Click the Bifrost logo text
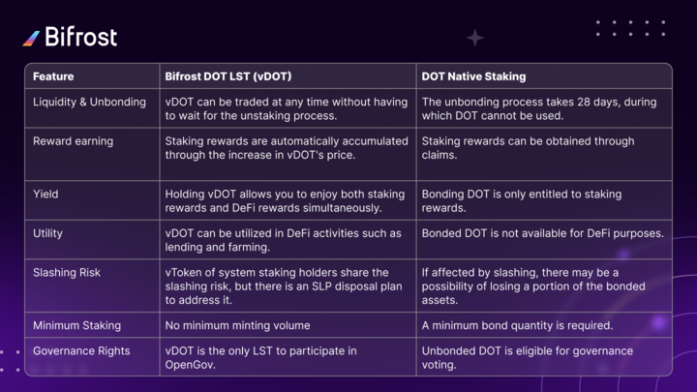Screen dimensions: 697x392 point(81,37)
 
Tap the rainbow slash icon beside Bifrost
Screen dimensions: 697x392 point(31,38)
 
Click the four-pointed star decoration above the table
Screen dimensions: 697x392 point(474,38)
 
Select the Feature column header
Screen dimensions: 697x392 point(53,76)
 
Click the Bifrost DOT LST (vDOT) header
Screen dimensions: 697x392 point(228,76)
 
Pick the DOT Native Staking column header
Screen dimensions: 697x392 point(473,76)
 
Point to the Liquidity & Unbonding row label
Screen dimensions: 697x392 point(89,103)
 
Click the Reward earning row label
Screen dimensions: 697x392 point(73,141)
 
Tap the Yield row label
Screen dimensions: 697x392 point(45,195)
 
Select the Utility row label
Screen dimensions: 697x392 point(47,233)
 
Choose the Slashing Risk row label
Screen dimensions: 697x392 point(67,272)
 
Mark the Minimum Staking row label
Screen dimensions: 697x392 point(76,325)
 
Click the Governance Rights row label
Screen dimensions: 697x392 point(81,351)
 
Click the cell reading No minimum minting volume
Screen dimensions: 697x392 point(237,325)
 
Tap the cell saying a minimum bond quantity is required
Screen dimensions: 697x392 point(517,325)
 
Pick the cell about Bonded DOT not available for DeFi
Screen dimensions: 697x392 point(542,233)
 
